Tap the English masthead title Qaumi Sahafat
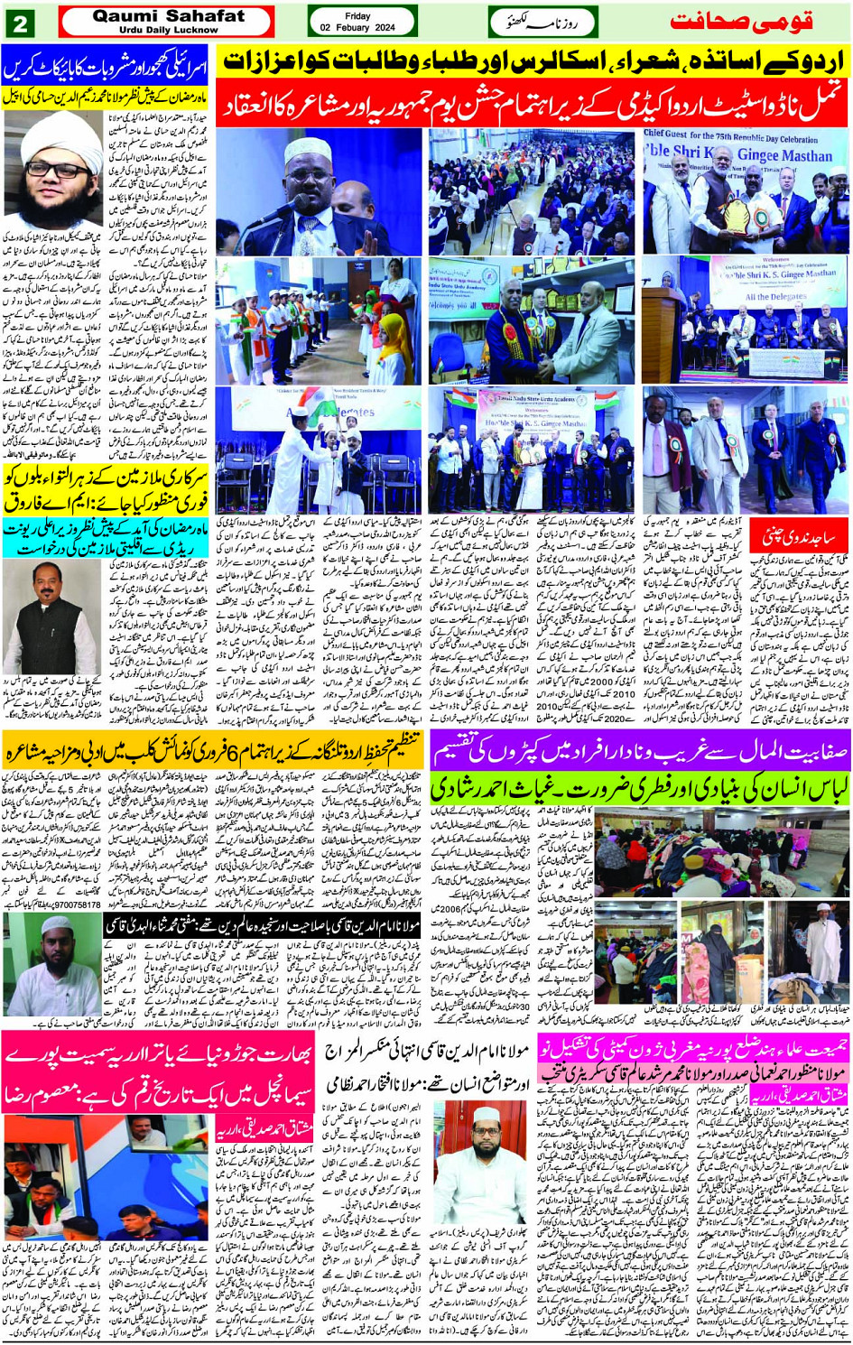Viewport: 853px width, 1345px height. (x=168, y=15)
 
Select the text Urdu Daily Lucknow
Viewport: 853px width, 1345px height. (x=168, y=30)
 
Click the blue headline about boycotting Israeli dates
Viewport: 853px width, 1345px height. (x=107, y=62)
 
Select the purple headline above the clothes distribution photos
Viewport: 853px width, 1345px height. (x=640, y=748)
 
